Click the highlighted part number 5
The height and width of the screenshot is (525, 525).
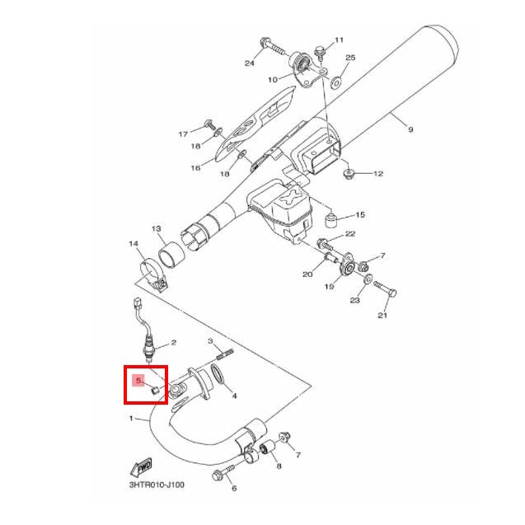pyautogui.click(x=138, y=381)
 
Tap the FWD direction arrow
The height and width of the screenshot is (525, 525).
pyautogui.click(x=141, y=466)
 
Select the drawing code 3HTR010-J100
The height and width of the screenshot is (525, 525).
pyautogui.click(x=157, y=485)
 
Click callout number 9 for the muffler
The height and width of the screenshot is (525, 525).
pyautogui.click(x=410, y=129)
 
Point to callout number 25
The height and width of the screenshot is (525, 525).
pyautogui.click(x=350, y=58)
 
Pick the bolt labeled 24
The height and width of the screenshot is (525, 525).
pyautogui.click(x=273, y=46)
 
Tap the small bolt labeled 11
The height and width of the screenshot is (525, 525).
pyautogui.click(x=320, y=54)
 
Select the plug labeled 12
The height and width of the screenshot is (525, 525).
pyautogui.click(x=349, y=174)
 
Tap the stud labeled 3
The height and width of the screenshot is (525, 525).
pyautogui.click(x=225, y=354)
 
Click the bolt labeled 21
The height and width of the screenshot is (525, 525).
pyautogui.click(x=385, y=289)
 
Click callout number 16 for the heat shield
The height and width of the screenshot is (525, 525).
pyautogui.click(x=195, y=168)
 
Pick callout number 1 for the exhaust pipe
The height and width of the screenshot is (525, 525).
pyautogui.click(x=131, y=418)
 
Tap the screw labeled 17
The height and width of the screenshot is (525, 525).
pyautogui.click(x=210, y=125)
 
